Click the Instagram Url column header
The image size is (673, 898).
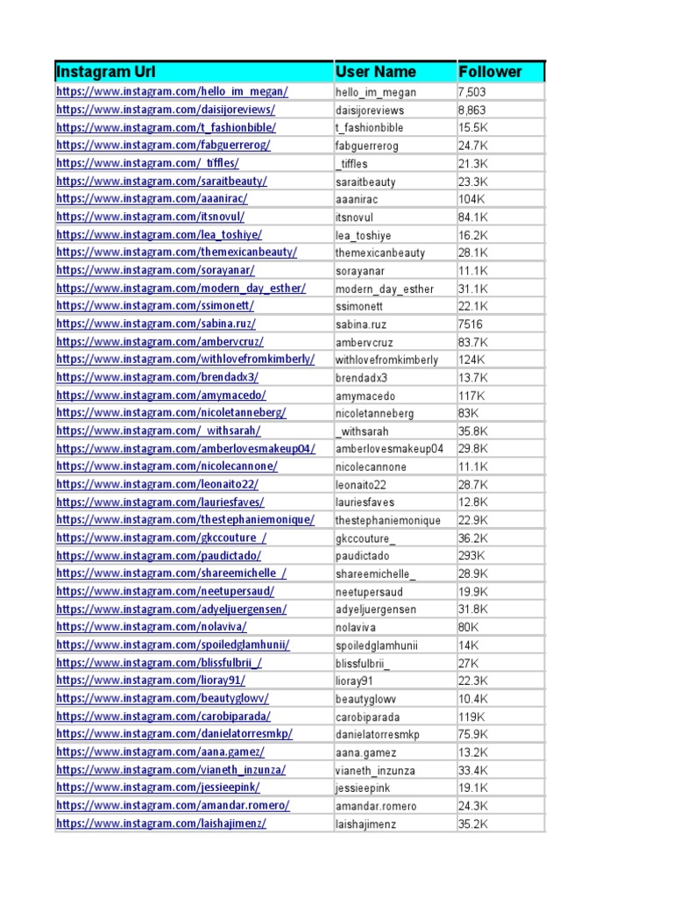click(x=105, y=72)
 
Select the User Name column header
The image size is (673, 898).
click(x=375, y=72)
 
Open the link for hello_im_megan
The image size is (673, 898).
click(x=172, y=92)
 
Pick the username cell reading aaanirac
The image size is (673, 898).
click(x=358, y=199)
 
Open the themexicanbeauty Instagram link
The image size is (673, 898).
click(x=176, y=253)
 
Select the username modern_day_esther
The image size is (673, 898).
click(x=384, y=289)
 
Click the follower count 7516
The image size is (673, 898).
click(x=470, y=324)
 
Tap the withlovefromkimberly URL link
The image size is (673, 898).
click(x=185, y=360)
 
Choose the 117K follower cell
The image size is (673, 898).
click(x=470, y=396)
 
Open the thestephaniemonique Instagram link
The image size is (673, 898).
click(x=185, y=520)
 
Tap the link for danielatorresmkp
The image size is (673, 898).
click(x=174, y=734)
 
